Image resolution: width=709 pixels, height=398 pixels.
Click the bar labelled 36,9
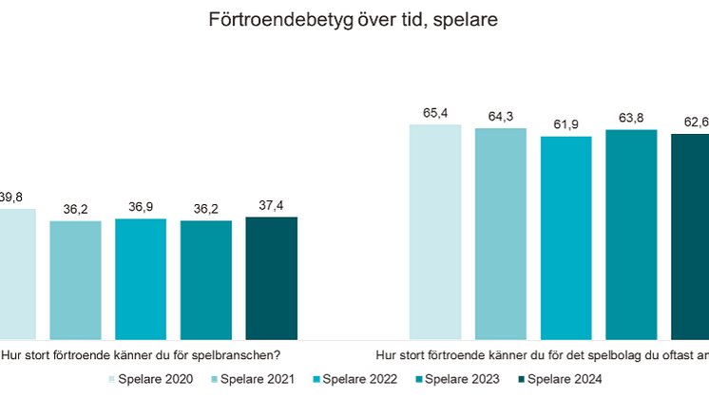coord(141,279)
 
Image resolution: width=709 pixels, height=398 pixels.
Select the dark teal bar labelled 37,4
coord(271,278)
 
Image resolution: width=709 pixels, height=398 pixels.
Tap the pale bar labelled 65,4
coord(435,232)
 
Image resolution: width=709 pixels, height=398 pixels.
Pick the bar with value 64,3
coord(500,234)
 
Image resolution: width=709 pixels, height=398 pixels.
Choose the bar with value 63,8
coord(631,235)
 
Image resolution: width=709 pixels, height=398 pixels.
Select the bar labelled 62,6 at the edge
coord(690,237)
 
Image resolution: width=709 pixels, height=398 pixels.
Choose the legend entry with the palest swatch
coord(143,379)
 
